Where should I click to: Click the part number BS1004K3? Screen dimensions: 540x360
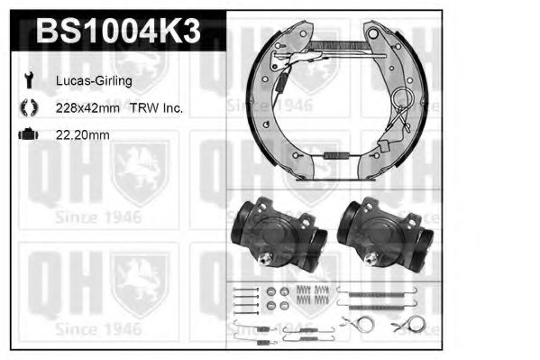(x=118, y=31)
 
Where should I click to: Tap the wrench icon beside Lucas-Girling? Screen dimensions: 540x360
(x=29, y=80)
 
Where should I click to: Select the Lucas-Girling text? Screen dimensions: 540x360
(x=94, y=81)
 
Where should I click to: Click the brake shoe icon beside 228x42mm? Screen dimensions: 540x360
(x=29, y=107)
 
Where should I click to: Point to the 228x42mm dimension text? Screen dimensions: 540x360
(x=87, y=108)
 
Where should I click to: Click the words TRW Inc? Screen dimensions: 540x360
(x=156, y=108)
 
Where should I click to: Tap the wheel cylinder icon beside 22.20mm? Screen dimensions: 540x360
(x=29, y=134)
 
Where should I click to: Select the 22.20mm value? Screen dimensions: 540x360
(x=83, y=134)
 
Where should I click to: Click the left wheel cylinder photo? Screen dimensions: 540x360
(x=279, y=235)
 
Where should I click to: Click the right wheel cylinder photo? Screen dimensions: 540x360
(x=385, y=235)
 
